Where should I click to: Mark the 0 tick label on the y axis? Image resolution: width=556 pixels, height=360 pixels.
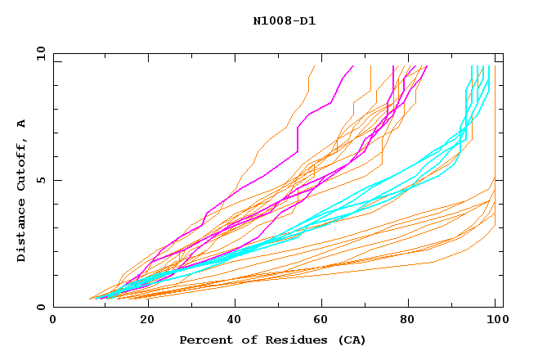(42, 308)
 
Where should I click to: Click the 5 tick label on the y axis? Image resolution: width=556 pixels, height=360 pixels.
(42, 180)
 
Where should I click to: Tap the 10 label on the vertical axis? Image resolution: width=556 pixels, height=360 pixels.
(39, 53)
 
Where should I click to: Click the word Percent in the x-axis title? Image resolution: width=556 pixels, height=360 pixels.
(204, 340)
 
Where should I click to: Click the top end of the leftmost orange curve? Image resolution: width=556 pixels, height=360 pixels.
(314, 66)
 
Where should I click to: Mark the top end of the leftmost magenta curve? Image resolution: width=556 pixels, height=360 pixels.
(353, 66)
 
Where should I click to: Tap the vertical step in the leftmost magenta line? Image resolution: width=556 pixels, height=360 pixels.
(298, 139)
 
